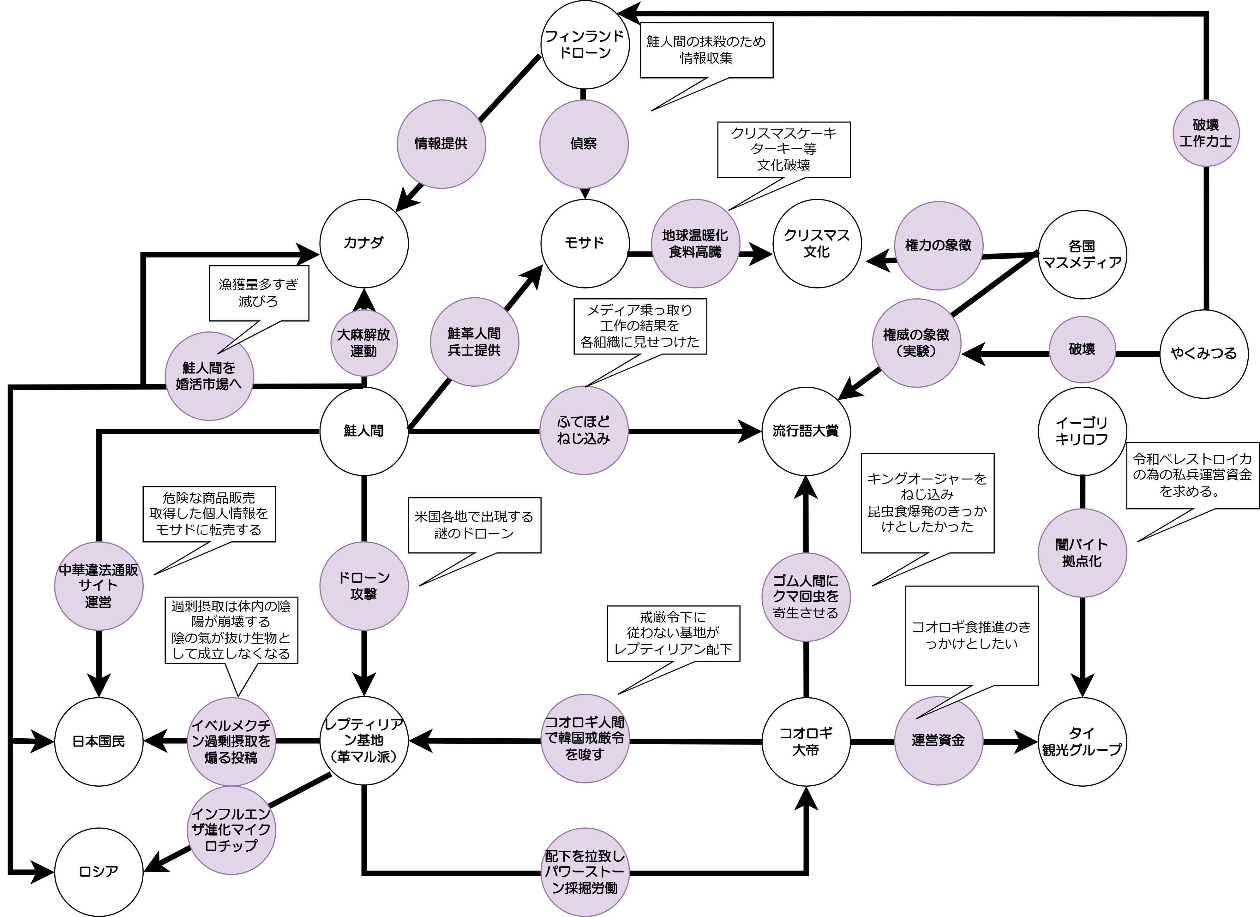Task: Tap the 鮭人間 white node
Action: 364,431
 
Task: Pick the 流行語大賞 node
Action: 806,431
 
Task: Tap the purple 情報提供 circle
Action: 441,144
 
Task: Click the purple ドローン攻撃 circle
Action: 364,586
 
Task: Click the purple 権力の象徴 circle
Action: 938,246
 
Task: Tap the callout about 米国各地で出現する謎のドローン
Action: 474,525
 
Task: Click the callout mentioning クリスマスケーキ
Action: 784,149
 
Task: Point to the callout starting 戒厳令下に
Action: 673,633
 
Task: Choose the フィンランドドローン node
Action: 585,45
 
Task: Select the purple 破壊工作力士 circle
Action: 1206,133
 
